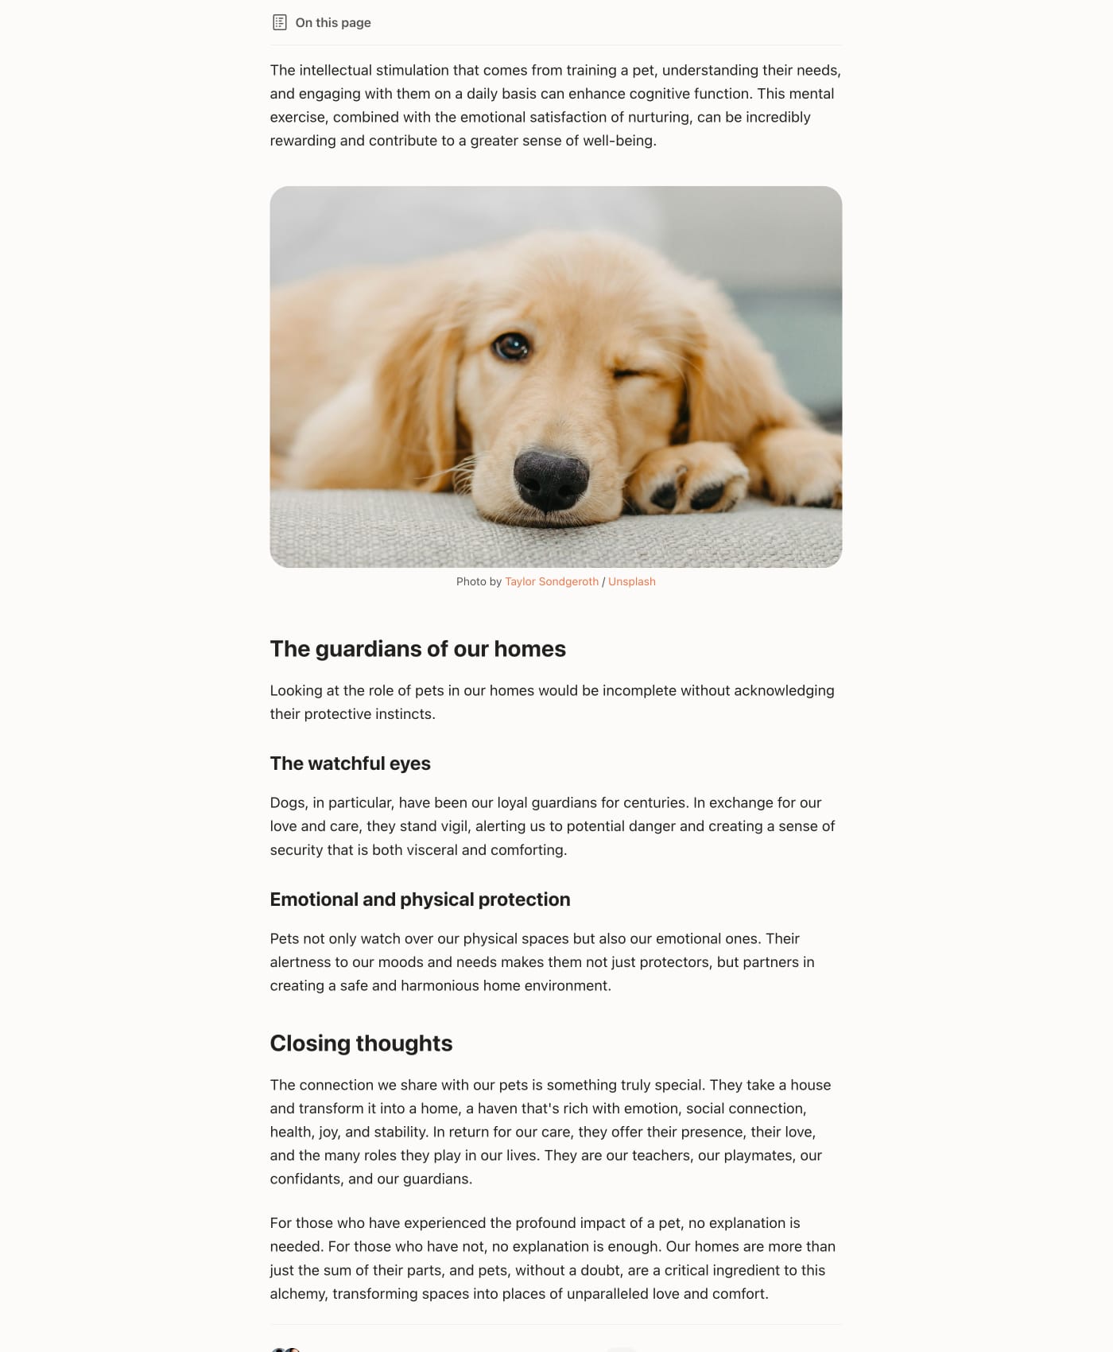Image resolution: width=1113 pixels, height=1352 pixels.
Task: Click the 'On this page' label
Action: (x=332, y=22)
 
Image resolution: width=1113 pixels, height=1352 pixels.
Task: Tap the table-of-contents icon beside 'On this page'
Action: (x=279, y=22)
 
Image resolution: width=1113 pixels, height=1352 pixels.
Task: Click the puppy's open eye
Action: (x=510, y=346)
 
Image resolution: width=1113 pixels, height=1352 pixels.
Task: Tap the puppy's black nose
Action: (x=551, y=480)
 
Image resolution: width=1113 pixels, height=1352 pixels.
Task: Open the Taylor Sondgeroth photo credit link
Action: (x=551, y=581)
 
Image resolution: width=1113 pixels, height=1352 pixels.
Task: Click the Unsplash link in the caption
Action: (x=631, y=581)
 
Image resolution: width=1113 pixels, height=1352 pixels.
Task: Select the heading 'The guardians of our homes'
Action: (x=417, y=649)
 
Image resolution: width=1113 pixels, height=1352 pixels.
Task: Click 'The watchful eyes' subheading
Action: (x=350, y=763)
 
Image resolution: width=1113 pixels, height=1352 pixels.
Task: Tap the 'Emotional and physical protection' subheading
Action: (x=420, y=899)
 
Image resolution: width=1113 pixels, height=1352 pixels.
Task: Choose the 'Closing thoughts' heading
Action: (x=361, y=1043)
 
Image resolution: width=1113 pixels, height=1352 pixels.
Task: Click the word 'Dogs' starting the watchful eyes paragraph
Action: (x=287, y=802)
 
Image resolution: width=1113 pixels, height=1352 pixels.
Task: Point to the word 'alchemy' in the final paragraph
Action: (x=297, y=1293)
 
